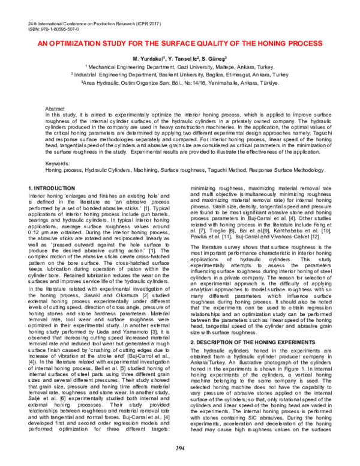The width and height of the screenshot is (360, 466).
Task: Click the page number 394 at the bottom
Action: pos(179,448)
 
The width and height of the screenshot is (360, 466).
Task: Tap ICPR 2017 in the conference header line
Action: pos(139,22)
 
